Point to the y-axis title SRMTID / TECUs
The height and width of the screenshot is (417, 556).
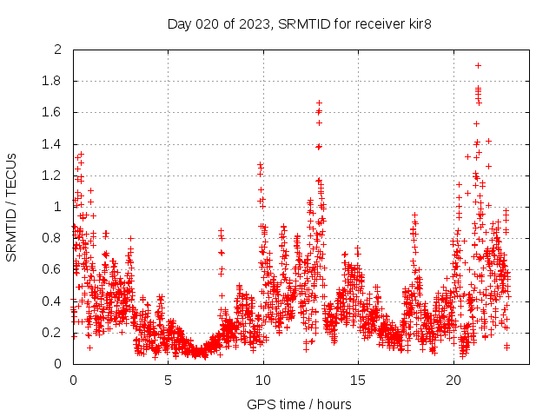coord(11,207)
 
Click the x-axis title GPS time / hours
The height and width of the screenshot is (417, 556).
coord(300,404)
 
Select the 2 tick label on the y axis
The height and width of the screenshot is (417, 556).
coord(57,50)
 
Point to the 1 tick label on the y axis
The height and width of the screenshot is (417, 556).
coord(57,207)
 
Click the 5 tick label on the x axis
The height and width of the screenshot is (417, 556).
coord(168,381)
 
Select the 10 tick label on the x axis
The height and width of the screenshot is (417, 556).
coord(263,381)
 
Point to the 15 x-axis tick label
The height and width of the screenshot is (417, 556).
coord(358,381)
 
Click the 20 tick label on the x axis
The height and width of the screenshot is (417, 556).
coord(453,381)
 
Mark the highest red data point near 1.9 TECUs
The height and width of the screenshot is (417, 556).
coord(478,65)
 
